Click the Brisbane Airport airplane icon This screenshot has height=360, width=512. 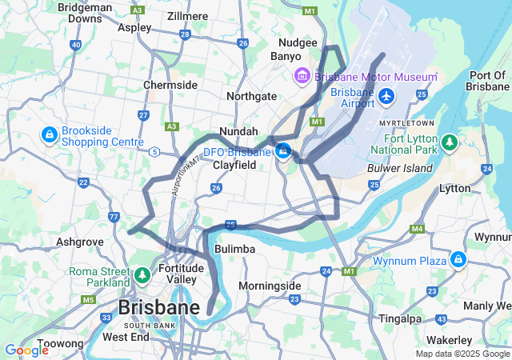point(387,96)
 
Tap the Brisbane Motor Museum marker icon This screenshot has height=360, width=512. point(302,78)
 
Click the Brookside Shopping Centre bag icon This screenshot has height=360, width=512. point(49,134)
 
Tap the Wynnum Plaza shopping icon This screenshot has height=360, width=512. point(458,260)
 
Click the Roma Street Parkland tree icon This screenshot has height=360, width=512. point(142,276)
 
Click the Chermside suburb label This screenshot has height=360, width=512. point(170,85)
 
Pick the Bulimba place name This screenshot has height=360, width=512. point(235,250)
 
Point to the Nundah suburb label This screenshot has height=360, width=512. point(238,130)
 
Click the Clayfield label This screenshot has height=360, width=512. point(234,165)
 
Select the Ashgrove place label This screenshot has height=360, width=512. point(80,241)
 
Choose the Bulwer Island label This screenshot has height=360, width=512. point(399,168)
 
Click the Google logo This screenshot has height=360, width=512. point(26,350)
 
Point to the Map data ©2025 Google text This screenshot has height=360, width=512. point(462,354)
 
